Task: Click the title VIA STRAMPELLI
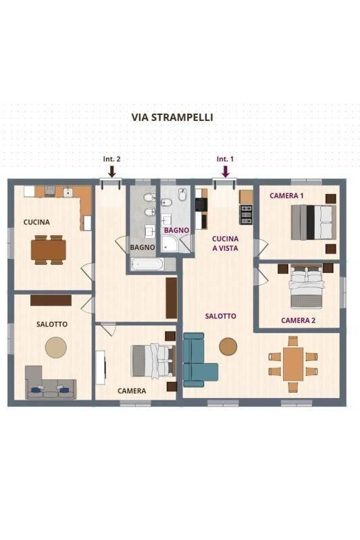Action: pos(172,118)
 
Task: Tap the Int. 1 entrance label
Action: pos(225,159)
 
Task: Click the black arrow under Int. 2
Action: pos(111,171)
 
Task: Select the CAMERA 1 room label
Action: pos(286,196)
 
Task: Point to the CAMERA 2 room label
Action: pos(298,320)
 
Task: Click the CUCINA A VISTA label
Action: pos(225,243)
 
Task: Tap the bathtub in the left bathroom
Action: pos(147,264)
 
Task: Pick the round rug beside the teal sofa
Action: pos(228,346)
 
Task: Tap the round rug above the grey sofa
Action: pos(56,347)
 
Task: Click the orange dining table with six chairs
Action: pos(293,364)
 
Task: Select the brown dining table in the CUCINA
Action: pos(48,250)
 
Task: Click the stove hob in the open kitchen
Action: pos(246,214)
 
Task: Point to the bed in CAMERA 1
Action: pos(313,222)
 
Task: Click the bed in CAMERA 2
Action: pos(307,287)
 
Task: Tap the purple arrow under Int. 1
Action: pos(226,172)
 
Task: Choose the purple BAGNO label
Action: pos(176,230)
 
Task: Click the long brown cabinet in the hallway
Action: pos(172,298)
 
